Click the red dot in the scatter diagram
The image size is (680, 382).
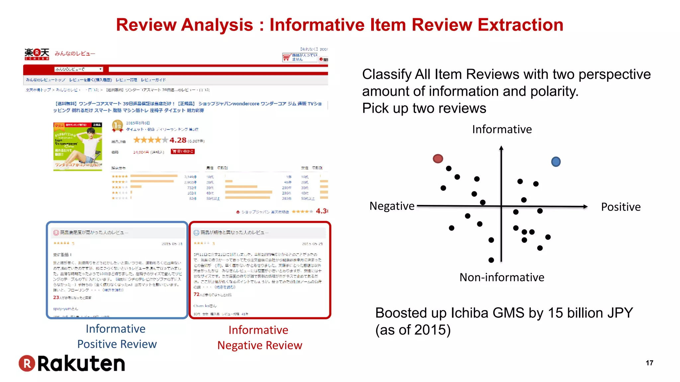coord(438,159)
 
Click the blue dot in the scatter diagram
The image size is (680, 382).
coord(556,162)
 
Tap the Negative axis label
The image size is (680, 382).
coord(392,206)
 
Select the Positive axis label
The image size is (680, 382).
coord(621,207)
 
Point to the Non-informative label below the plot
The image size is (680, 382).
coord(502,277)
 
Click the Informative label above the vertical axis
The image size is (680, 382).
coord(502,129)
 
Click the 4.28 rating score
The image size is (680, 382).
coord(178,140)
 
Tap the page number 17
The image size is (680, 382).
coord(649,363)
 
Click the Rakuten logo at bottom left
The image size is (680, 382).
coord(72,363)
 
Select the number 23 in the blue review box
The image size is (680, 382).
coord(56,297)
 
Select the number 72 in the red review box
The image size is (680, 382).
coord(197,294)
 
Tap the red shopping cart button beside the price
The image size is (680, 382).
coord(183,152)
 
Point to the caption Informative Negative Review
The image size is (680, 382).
coord(260,338)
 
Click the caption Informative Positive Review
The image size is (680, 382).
coord(117,336)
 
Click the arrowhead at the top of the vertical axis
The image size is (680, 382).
coord(501,148)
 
